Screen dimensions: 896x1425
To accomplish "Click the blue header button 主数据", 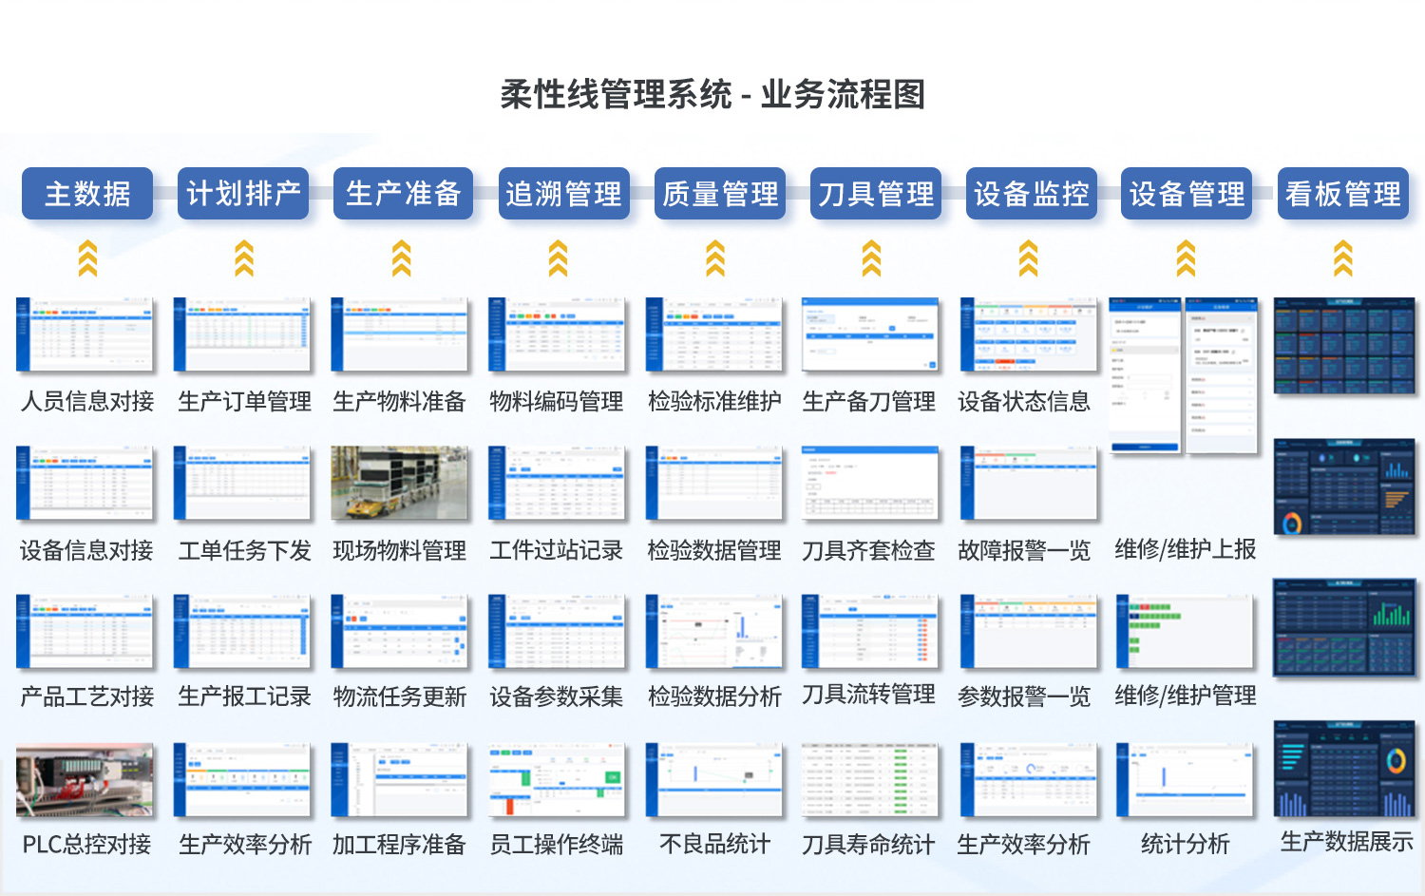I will point(87,194).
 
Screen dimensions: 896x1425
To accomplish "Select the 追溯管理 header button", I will point(563,194).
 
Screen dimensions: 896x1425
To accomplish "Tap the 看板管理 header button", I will point(1342,194).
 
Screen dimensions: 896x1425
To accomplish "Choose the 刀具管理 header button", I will point(876,194).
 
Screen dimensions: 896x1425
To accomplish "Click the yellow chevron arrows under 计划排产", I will point(244,258).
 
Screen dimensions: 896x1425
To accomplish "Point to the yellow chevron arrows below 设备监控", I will point(1028,258).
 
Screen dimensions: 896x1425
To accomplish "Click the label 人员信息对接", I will point(87,402).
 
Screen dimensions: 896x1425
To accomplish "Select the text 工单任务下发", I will point(244,551).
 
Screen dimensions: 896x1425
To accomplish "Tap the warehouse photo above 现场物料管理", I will point(400,483).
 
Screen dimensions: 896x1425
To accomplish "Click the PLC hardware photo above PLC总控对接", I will point(85,780).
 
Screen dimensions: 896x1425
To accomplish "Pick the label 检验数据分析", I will point(714,697).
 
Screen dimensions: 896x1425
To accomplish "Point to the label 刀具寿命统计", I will point(868,845).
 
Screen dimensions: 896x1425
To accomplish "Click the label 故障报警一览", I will point(1024,551).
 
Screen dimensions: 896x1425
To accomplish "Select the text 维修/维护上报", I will point(1185,549).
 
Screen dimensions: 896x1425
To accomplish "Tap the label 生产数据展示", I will point(1346,842).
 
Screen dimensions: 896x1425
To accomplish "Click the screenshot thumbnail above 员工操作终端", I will point(558,780).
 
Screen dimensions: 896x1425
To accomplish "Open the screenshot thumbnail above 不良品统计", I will point(714,780).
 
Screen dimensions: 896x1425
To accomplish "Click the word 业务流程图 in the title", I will point(843,95).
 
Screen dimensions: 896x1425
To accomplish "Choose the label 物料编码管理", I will point(557,402).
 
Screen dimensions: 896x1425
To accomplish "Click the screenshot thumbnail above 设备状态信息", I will point(1028,334).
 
